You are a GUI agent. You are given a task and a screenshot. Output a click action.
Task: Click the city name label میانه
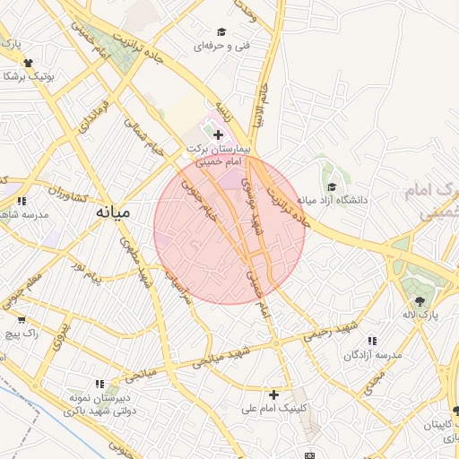(x=113, y=213)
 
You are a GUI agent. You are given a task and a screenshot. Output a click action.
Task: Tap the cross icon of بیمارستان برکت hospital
(x=218, y=134)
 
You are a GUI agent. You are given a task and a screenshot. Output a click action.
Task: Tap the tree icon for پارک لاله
(x=420, y=300)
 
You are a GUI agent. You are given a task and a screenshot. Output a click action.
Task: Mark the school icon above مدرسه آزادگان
(x=372, y=341)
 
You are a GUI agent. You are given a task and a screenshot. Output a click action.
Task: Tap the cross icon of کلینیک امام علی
(x=273, y=394)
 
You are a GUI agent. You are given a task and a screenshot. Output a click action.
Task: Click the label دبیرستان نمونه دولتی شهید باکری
(x=100, y=403)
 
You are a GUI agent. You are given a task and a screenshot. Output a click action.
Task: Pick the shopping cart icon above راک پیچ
(x=21, y=319)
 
